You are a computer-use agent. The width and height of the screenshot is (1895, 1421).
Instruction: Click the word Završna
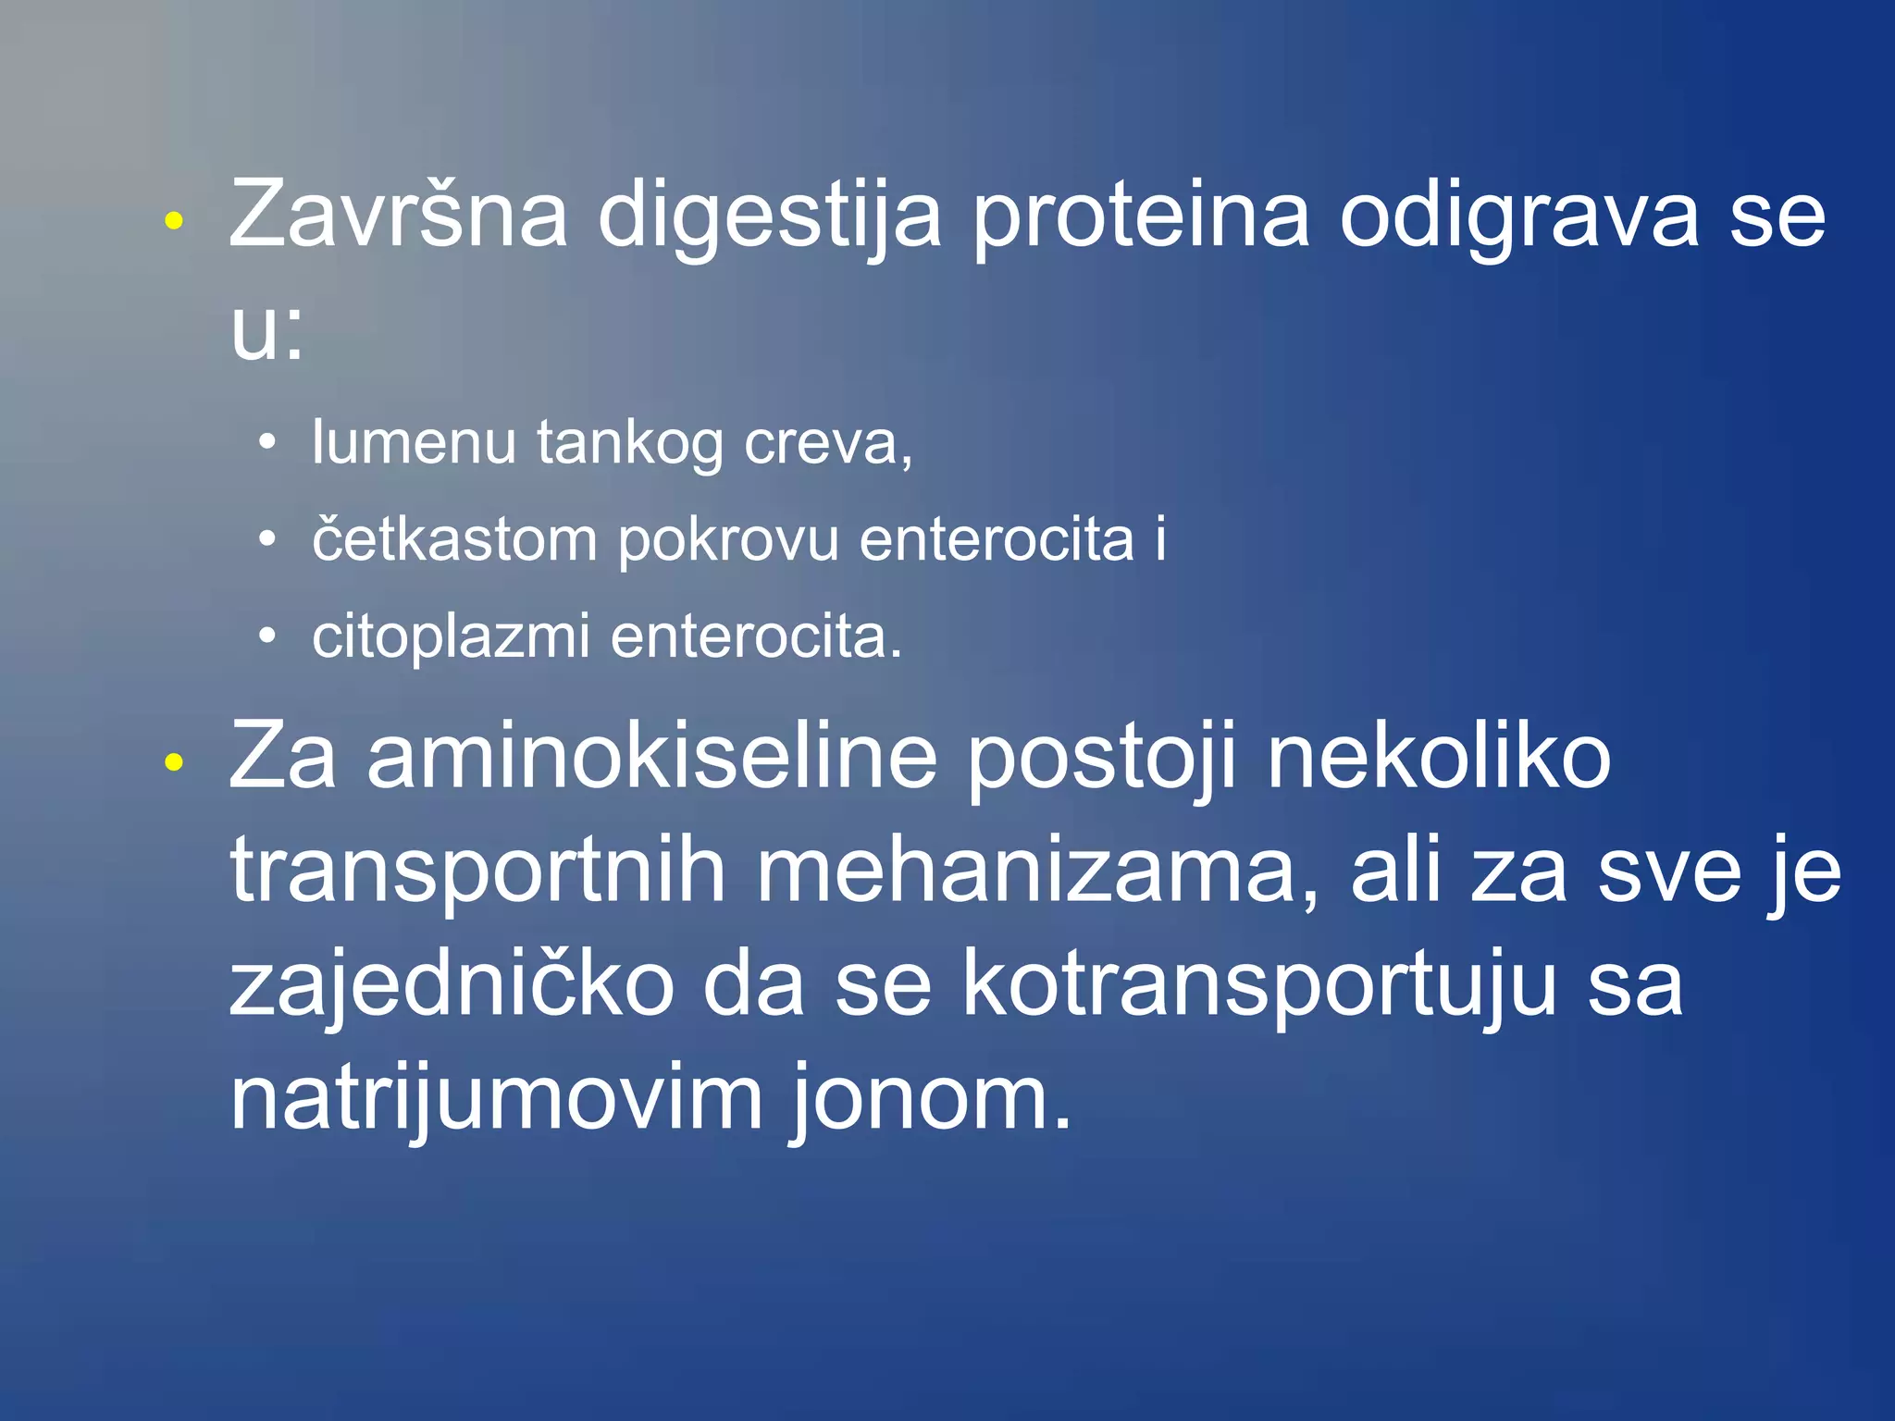click(398, 215)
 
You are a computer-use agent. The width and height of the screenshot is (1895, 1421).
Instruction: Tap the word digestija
click(769, 218)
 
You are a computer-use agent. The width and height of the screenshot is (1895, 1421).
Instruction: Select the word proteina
click(1141, 218)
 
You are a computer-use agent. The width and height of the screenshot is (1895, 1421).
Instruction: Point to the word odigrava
click(1518, 218)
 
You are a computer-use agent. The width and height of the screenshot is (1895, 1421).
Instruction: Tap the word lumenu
click(414, 442)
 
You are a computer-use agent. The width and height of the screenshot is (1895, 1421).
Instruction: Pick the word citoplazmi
click(451, 637)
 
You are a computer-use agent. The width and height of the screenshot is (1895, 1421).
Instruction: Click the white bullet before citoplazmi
click(267, 636)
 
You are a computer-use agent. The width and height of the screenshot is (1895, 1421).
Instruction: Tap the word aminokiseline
click(652, 758)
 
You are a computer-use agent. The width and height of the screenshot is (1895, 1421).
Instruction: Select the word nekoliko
click(1439, 758)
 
